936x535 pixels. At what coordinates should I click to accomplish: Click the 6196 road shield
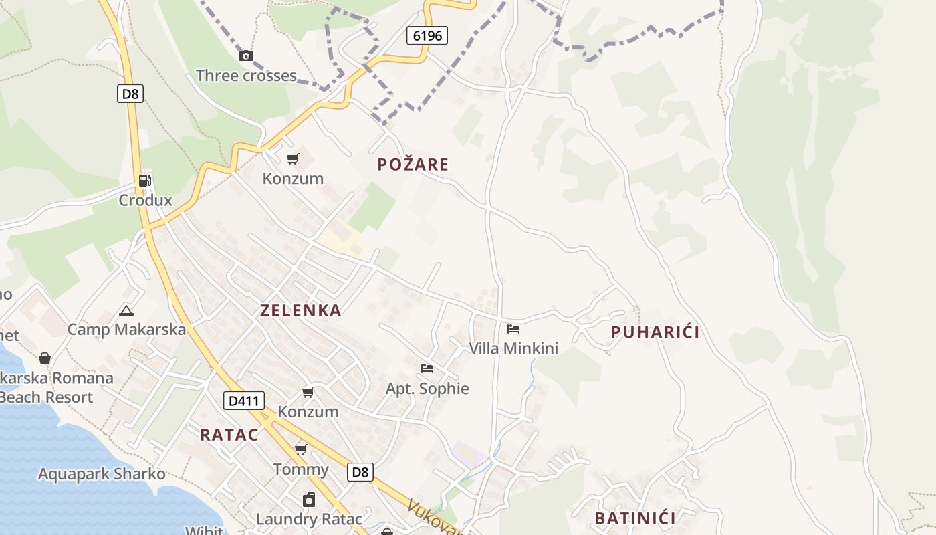(427, 35)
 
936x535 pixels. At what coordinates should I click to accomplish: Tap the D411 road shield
(244, 401)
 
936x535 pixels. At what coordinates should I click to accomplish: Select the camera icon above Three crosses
(246, 56)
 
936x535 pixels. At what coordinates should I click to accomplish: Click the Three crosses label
(246, 76)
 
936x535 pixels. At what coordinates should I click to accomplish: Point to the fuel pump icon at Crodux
(145, 180)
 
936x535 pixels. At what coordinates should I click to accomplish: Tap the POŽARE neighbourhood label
(413, 165)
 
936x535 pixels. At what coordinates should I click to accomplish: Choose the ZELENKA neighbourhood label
(301, 310)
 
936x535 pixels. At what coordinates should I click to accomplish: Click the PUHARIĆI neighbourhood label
(655, 332)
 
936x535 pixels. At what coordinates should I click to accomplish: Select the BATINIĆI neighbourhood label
(635, 518)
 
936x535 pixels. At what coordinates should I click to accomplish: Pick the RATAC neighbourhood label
(229, 435)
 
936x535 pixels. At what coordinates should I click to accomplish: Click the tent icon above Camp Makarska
(126, 310)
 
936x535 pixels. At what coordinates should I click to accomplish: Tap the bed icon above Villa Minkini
(513, 328)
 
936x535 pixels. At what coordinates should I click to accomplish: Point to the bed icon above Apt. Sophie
(427, 368)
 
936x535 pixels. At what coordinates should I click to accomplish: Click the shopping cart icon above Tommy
(301, 449)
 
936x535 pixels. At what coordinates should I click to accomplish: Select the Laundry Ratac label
(310, 519)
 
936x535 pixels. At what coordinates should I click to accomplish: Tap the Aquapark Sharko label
(102, 474)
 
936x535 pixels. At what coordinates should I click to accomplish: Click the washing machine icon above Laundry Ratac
(309, 500)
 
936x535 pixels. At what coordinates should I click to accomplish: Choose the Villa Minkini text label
(513, 348)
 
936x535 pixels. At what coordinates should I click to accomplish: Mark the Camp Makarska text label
(126, 330)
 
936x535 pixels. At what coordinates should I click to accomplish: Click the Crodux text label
(145, 200)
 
